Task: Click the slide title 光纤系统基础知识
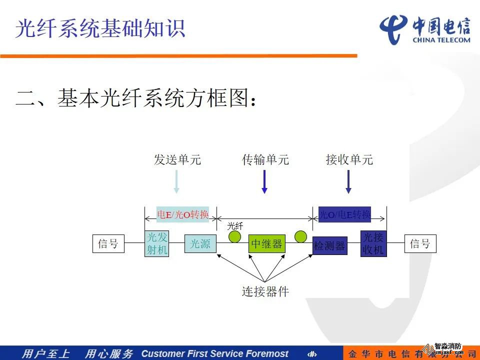100,28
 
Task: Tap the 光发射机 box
156,244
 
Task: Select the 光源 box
200,244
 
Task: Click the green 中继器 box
266,244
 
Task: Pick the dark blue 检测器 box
330,245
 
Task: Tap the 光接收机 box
373,243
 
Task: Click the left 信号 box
108,244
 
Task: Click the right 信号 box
420,244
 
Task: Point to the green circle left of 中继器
234,236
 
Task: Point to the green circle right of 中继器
300,236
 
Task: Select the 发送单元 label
177,160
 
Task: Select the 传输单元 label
265,160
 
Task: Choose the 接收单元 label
349,160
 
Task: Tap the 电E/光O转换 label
182,214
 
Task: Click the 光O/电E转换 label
345,214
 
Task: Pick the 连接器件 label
265,291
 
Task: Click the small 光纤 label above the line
235,225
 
